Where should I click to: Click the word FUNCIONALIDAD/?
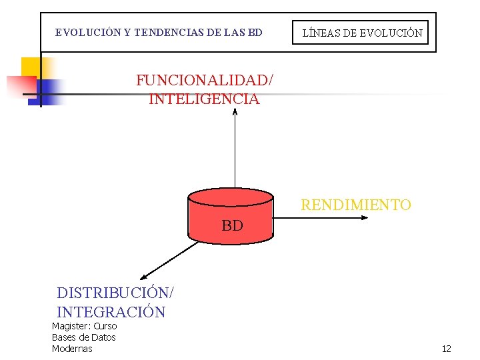[x=205, y=81]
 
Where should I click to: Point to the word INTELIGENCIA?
[x=204, y=99]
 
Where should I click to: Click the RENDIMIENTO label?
[x=356, y=205]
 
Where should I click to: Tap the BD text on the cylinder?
[x=232, y=226]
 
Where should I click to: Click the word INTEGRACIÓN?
[x=111, y=312]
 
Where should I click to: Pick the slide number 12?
[x=446, y=349]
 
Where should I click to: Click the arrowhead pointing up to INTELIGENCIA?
[x=235, y=112]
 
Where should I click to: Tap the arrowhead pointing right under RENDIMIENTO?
[x=359, y=218]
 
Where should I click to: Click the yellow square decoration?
[x=33, y=67]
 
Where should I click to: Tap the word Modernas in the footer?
[x=72, y=349]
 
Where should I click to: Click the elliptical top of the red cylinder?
[x=231, y=197]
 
